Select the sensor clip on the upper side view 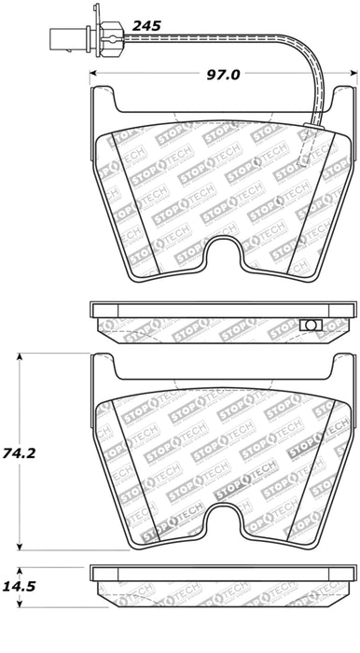[312, 324]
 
